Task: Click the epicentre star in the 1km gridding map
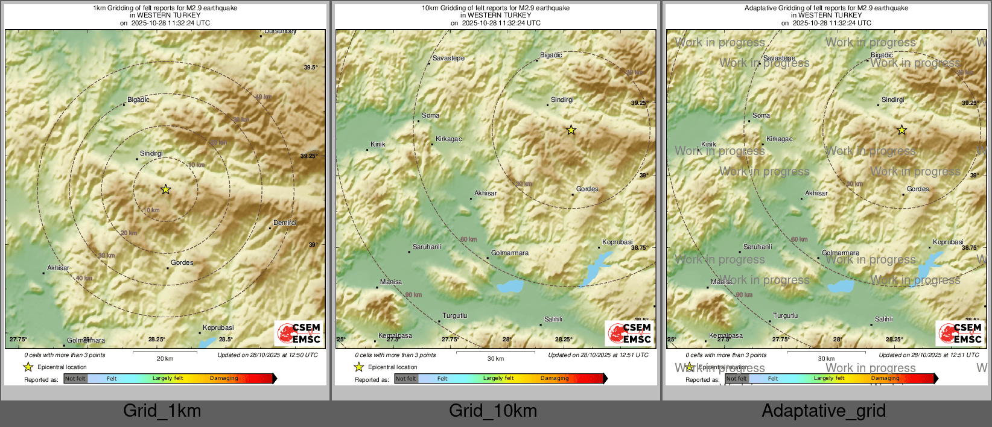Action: coord(166,189)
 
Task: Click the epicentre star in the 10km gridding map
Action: coord(571,130)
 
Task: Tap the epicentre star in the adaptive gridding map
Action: coord(901,130)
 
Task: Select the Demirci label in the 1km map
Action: coord(285,223)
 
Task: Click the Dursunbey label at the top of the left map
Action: coord(280,31)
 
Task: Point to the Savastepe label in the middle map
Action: coord(448,58)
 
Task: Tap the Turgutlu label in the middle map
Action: coord(455,315)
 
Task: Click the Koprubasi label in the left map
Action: coord(218,327)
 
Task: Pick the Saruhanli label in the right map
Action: coord(757,247)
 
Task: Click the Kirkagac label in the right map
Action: coord(779,139)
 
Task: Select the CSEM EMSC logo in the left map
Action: coord(299,334)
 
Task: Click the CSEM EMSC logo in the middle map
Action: coord(630,334)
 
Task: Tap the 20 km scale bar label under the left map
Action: coord(165,358)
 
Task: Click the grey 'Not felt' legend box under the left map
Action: coord(75,379)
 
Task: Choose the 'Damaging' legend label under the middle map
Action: coord(555,378)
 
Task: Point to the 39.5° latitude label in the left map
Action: coord(310,68)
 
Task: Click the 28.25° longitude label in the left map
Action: coord(157,340)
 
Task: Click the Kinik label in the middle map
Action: coord(378,144)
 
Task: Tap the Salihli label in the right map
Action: coord(883,319)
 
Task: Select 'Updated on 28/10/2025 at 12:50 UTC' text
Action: coord(267,355)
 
